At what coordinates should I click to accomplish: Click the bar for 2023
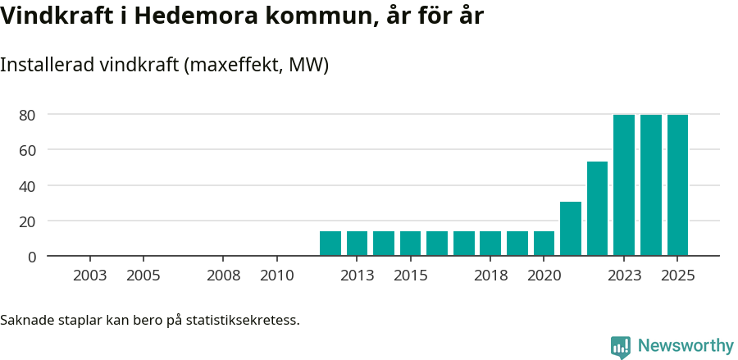click(624, 185)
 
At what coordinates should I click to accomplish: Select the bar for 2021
click(571, 229)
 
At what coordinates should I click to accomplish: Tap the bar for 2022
click(597, 209)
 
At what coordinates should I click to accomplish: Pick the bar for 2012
click(330, 244)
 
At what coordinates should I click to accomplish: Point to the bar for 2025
click(677, 185)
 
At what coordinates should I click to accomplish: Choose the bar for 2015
click(411, 244)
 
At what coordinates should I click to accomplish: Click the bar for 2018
click(490, 244)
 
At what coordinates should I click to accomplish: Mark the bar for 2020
click(544, 244)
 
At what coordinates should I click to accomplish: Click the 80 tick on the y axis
click(28, 115)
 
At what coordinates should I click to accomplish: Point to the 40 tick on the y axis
click(28, 186)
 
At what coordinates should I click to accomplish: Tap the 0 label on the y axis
click(32, 257)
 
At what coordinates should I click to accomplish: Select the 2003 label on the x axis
click(90, 276)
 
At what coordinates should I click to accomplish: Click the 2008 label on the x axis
click(224, 276)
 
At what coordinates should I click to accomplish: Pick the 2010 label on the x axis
click(277, 276)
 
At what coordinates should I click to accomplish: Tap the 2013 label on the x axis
click(358, 276)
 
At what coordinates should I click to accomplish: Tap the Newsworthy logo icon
click(621, 347)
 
